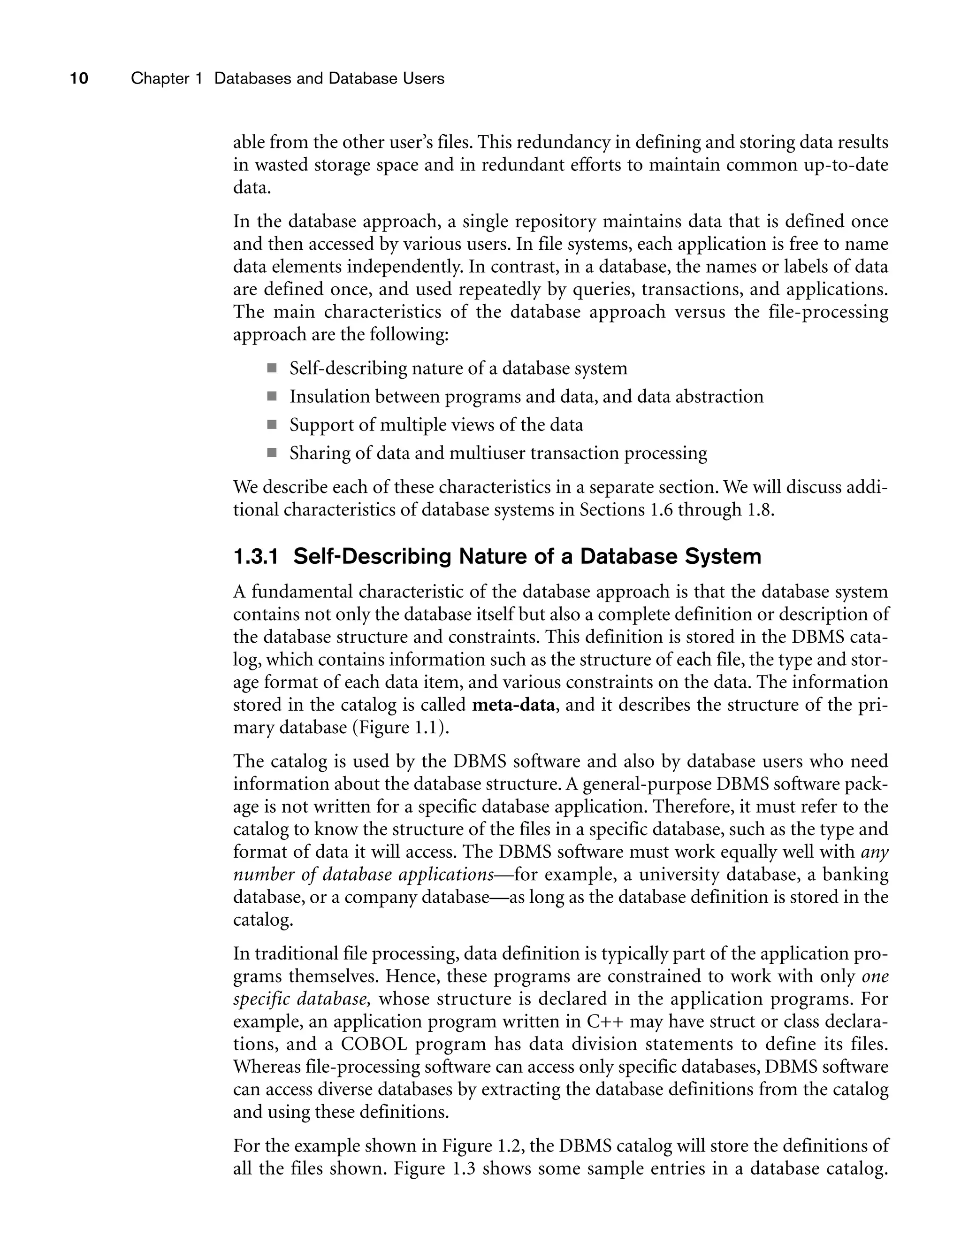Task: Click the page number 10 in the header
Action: click(x=79, y=78)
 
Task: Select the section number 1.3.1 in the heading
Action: click(x=255, y=556)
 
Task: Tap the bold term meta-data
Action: click(x=513, y=704)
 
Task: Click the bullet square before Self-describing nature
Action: click(x=271, y=368)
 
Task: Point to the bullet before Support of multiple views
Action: click(x=271, y=424)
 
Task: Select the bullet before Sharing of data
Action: click(x=271, y=453)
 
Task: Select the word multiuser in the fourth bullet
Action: click(x=487, y=453)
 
